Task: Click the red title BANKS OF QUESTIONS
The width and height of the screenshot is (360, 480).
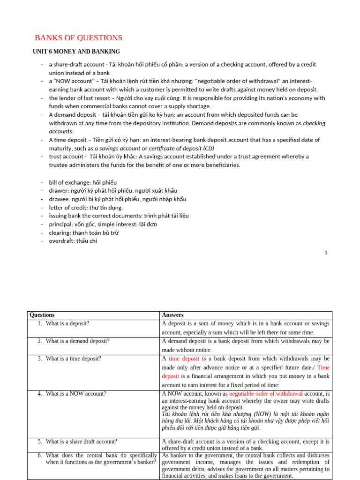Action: tap(79, 38)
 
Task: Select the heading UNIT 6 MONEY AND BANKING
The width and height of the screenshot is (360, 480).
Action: tap(76, 52)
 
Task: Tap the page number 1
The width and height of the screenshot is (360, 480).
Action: tap(326, 253)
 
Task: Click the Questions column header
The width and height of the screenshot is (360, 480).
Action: tap(42, 315)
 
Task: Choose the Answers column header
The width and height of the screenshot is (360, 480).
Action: tap(172, 315)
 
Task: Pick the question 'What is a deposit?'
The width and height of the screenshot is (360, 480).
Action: tap(67, 323)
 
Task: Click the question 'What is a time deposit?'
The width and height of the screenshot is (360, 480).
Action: tap(74, 359)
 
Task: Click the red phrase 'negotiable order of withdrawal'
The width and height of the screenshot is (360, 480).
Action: tap(266, 394)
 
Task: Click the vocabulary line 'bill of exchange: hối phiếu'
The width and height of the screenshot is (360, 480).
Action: tap(83, 182)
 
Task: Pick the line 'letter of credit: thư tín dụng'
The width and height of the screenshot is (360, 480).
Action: tap(85, 207)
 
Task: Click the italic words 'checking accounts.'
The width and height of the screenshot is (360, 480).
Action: tap(187, 127)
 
